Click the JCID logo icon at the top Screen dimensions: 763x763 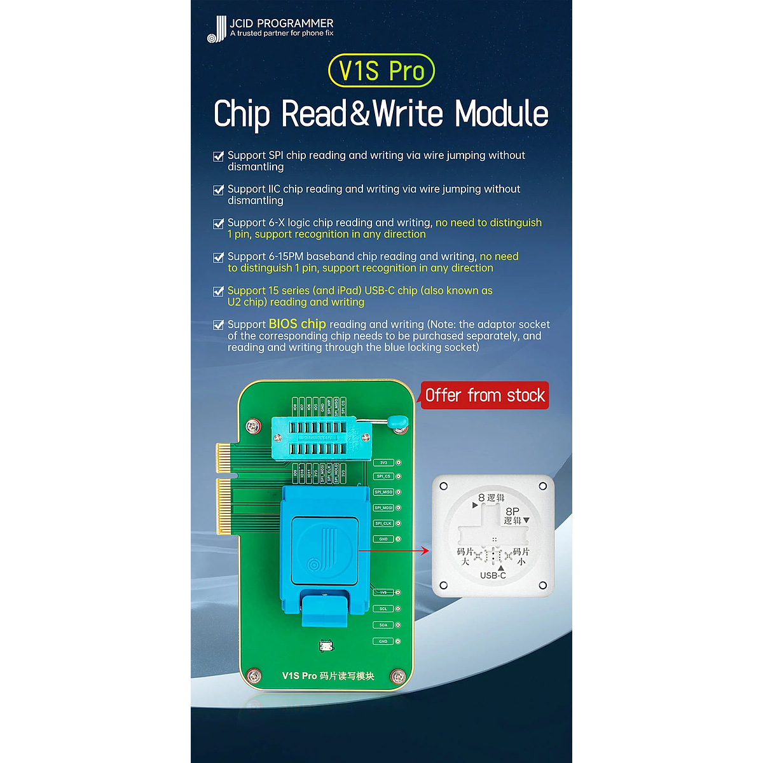click(217, 29)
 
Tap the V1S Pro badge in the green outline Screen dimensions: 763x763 click(381, 71)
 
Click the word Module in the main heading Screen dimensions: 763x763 click(502, 114)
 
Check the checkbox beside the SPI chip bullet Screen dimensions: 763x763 click(218, 156)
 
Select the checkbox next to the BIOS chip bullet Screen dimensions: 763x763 click(218, 325)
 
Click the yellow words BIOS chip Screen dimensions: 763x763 click(297, 324)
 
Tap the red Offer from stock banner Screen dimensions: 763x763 click(485, 395)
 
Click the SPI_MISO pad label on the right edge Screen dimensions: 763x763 click(383, 492)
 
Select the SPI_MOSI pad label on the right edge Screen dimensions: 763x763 click(383, 508)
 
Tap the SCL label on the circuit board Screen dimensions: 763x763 click(383, 609)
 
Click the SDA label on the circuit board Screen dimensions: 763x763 click(383, 625)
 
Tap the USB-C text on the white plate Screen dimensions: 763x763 click(493, 575)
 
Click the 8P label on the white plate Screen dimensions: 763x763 click(512, 511)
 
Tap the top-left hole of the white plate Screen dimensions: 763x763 click(444, 486)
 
